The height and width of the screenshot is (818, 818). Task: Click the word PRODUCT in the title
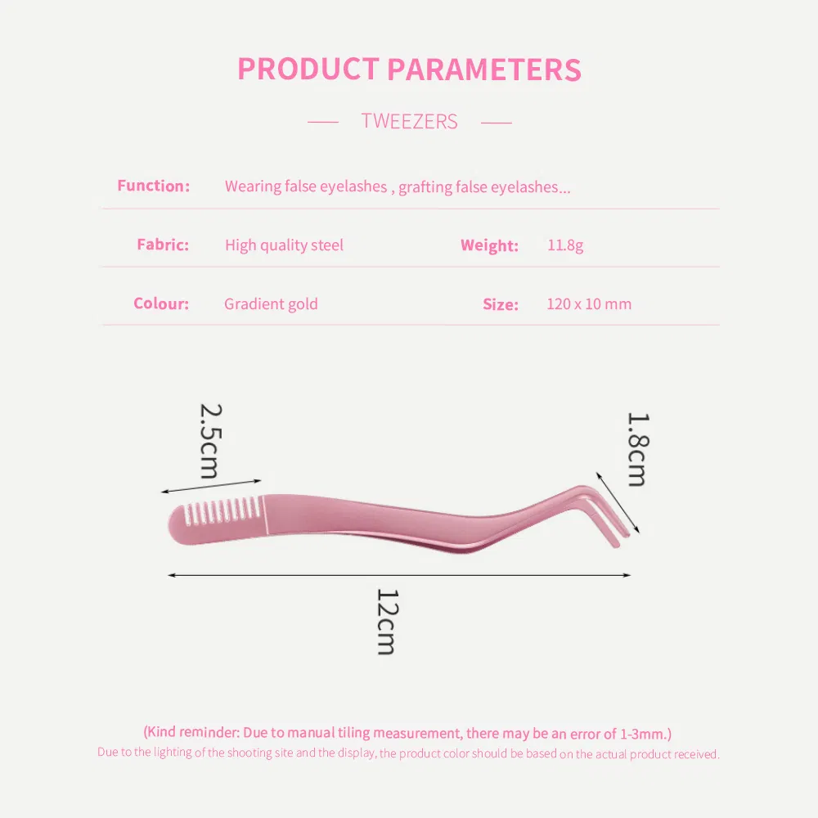point(308,69)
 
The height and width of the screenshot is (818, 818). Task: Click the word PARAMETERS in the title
point(484,70)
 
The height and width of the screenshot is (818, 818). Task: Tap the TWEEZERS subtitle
point(410,122)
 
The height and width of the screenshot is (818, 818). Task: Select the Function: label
point(154,186)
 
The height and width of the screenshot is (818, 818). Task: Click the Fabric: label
point(163,245)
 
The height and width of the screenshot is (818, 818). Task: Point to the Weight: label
point(489,245)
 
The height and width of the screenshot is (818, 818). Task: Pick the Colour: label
point(161,303)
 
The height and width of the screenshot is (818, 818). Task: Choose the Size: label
point(501,304)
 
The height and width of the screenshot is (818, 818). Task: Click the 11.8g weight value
point(565,245)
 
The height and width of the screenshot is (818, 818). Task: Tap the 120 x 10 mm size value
point(589,303)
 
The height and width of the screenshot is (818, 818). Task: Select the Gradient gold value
point(271,304)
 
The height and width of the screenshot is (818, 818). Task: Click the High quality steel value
point(285,245)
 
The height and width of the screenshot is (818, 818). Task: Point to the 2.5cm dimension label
point(211,441)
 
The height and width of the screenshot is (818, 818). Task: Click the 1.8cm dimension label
point(637,449)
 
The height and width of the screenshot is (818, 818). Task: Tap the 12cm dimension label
point(388,622)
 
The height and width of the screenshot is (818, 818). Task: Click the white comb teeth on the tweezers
point(222,510)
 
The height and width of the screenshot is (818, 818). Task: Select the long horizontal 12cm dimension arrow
point(399,575)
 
